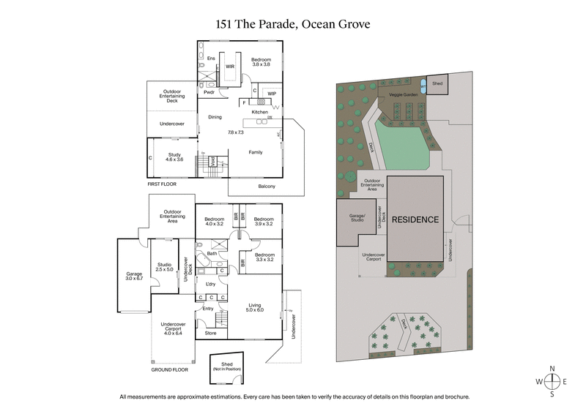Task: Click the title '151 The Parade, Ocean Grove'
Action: click(292, 24)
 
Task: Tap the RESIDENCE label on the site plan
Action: click(415, 219)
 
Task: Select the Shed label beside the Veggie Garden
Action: click(437, 84)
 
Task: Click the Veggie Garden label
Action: click(406, 94)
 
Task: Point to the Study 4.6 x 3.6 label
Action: click(174, 158)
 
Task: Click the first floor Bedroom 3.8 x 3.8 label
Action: click(262, 62)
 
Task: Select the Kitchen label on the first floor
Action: click(260, 112)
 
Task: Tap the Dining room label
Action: click(215, 117)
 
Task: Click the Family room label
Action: click(256, 152)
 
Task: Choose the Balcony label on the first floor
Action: click(267, 187)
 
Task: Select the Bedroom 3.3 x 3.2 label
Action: click(264, 257)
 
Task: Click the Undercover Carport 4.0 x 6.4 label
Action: click(173, 331)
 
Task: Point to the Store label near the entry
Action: click(211, 333)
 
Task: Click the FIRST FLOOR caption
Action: click(163, 184)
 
